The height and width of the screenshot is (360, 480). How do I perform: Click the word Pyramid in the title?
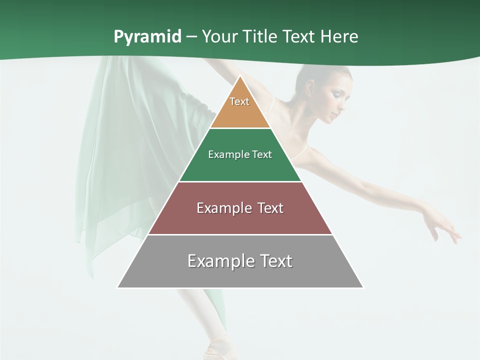pos(147,37)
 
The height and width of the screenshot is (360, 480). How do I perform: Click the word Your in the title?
pos(219,37)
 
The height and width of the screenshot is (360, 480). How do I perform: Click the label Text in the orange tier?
pos(239,101)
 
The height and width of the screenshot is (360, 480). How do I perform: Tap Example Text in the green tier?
pos(240,154)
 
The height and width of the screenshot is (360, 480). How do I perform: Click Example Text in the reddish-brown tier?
pos(240,208)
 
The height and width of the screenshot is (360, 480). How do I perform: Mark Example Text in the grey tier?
pos(240,261)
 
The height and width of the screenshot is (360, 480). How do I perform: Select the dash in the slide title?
pos(191,37)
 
